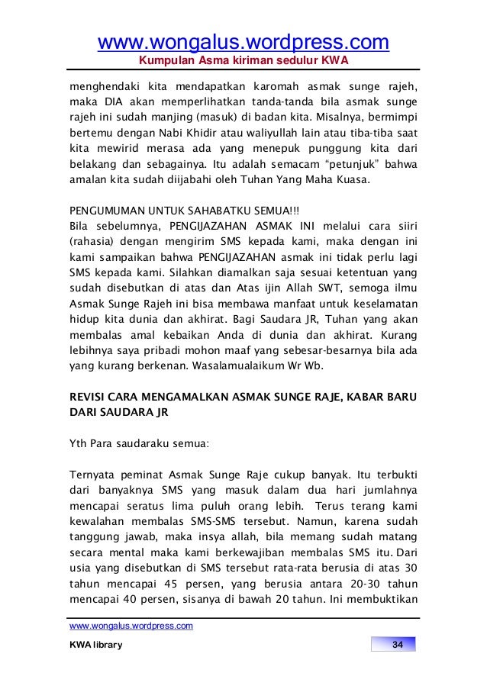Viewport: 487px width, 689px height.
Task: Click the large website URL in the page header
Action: [x=243, y=40]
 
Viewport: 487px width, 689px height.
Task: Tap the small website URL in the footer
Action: [x=131, y=626]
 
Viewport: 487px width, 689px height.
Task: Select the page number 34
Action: [x=397, y=646]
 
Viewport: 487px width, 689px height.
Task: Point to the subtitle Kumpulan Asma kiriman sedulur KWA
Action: [x=243, y=60]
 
